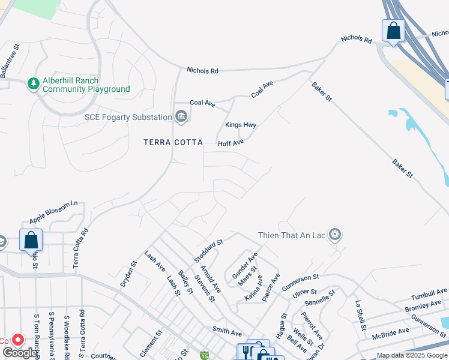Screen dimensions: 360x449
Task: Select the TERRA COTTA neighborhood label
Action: [x=173, y=142]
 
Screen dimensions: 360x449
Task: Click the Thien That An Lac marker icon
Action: [x=335, y=235]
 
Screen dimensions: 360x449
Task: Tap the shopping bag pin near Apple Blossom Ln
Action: [x=31, y=241]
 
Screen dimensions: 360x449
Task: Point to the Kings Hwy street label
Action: [x=241, y=125]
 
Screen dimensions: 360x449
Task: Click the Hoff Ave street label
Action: [x=231, y=143]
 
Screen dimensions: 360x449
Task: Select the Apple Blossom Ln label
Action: [x=53, y=212]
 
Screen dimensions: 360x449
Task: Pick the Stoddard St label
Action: [x=208, y=250]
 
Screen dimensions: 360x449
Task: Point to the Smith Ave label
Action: [x=227, y=331]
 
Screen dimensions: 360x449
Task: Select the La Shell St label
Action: [x=361, y=316]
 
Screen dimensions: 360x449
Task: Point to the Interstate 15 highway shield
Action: [x=204, y=356]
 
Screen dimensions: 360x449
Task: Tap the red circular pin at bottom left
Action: [x=18, y=340]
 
